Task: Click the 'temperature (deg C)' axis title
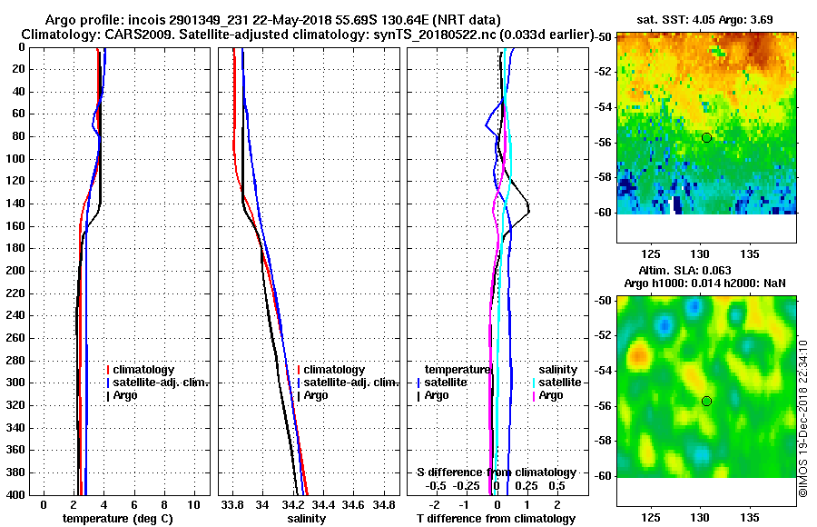click(117, 519)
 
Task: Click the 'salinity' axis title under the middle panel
click(307, 519)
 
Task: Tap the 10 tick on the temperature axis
click(193, 504)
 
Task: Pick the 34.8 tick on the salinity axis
click(384, 504)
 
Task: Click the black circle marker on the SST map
click(706, 137)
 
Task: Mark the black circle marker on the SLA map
click(706, 401)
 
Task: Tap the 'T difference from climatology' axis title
click(496, 519)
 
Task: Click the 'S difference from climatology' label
click(496, 472)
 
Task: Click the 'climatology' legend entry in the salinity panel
click(334, 370)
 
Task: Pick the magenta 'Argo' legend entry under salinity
click(551, 395)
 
